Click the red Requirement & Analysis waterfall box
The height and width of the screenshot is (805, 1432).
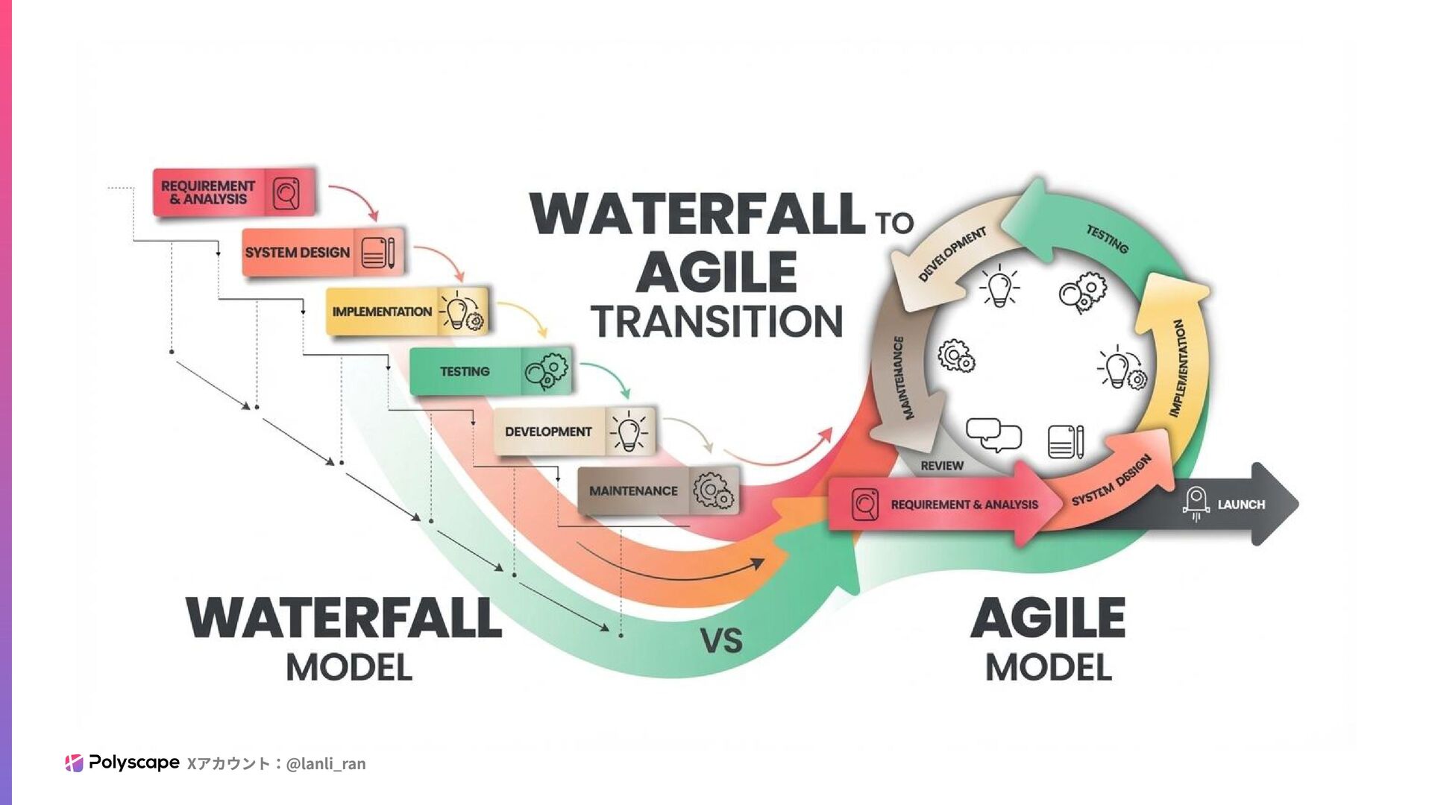[233, 192]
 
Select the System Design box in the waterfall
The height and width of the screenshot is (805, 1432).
[322, 252]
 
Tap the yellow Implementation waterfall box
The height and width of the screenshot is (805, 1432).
[406, 312]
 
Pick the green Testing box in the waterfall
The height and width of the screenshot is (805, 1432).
[489, 371]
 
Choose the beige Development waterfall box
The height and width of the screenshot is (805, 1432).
[574, 431]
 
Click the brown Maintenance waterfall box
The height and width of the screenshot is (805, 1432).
[658, 490]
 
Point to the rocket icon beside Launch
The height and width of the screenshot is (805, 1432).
[1196, 504]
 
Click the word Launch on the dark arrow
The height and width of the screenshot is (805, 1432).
[1241, 505]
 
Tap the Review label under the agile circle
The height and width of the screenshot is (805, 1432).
[942, 466]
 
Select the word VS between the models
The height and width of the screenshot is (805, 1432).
[721, 641]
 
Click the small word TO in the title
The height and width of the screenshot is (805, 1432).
[894, 223]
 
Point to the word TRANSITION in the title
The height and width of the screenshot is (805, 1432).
[717, 321]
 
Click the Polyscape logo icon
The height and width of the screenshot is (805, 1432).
[74, 763]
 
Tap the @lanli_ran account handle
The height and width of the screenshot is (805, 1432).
[326, 763]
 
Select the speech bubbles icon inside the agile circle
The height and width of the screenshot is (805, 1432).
[993, 435]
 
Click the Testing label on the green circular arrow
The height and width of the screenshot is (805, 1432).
[1107, 239]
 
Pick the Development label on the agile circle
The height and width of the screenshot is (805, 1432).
[952, 254]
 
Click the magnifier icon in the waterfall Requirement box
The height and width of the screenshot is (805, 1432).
[286, 194]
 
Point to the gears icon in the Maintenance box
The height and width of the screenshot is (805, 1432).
[713, 491]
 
